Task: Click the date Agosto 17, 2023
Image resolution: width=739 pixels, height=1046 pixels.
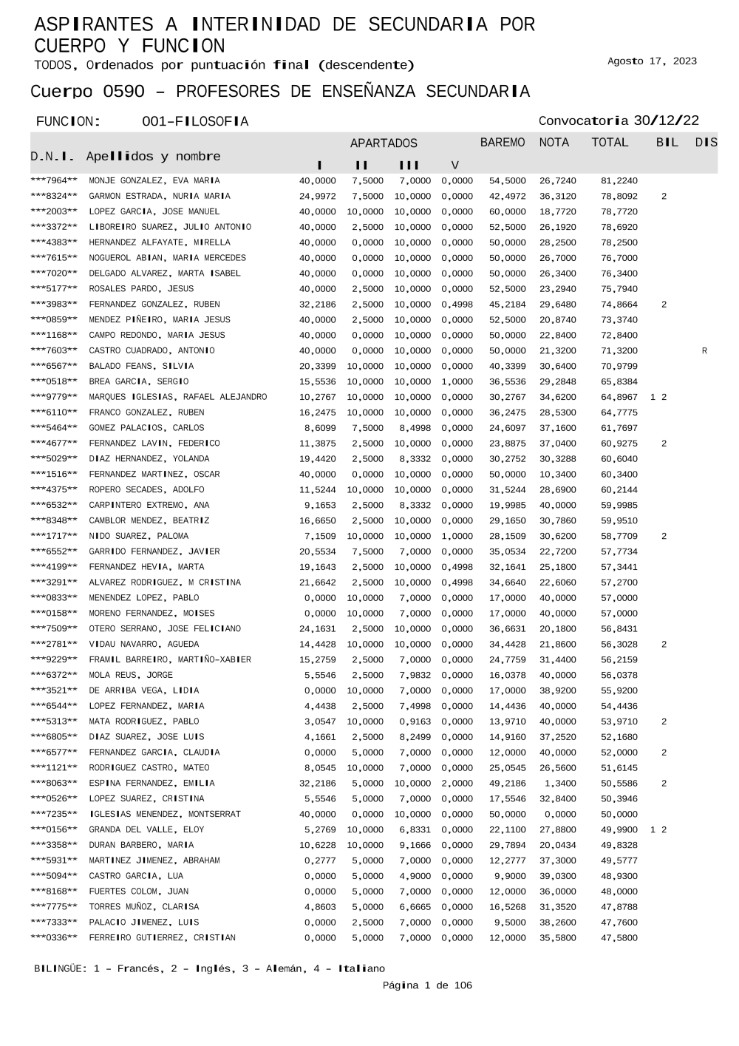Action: click(x=652, y=61)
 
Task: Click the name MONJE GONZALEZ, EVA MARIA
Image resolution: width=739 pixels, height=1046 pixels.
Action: click(x=154, y=181)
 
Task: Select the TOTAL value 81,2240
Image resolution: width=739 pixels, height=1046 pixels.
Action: click(x=619, y=181)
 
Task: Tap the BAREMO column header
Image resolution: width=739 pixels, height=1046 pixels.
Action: click(x=503, y=143)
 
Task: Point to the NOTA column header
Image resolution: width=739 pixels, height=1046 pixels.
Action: click(x=554, y=143)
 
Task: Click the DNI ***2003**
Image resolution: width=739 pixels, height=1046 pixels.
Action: click(x=54, y=212)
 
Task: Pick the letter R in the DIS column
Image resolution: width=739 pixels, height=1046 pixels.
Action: click(x=704, y=351)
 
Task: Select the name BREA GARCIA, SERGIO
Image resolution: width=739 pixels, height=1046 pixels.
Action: click(x=138, y=382)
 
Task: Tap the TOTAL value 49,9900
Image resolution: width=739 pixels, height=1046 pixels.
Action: click(x=619, y=830)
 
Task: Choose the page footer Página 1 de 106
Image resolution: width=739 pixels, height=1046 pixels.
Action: click(x=426, y=985)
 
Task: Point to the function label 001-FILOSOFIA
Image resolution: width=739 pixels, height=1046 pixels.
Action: click(x=194, y=122)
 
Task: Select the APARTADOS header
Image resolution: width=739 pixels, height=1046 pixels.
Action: click(x=384, y=143)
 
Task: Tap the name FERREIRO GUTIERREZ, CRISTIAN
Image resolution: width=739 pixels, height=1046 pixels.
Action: click(x=162, y=938)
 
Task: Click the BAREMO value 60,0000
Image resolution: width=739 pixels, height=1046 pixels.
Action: click(x=507, y=212)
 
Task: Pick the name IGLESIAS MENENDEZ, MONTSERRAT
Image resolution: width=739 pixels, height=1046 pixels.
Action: click(x=165, y=815)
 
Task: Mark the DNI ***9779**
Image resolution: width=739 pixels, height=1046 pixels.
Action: click(x=54, y=398)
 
